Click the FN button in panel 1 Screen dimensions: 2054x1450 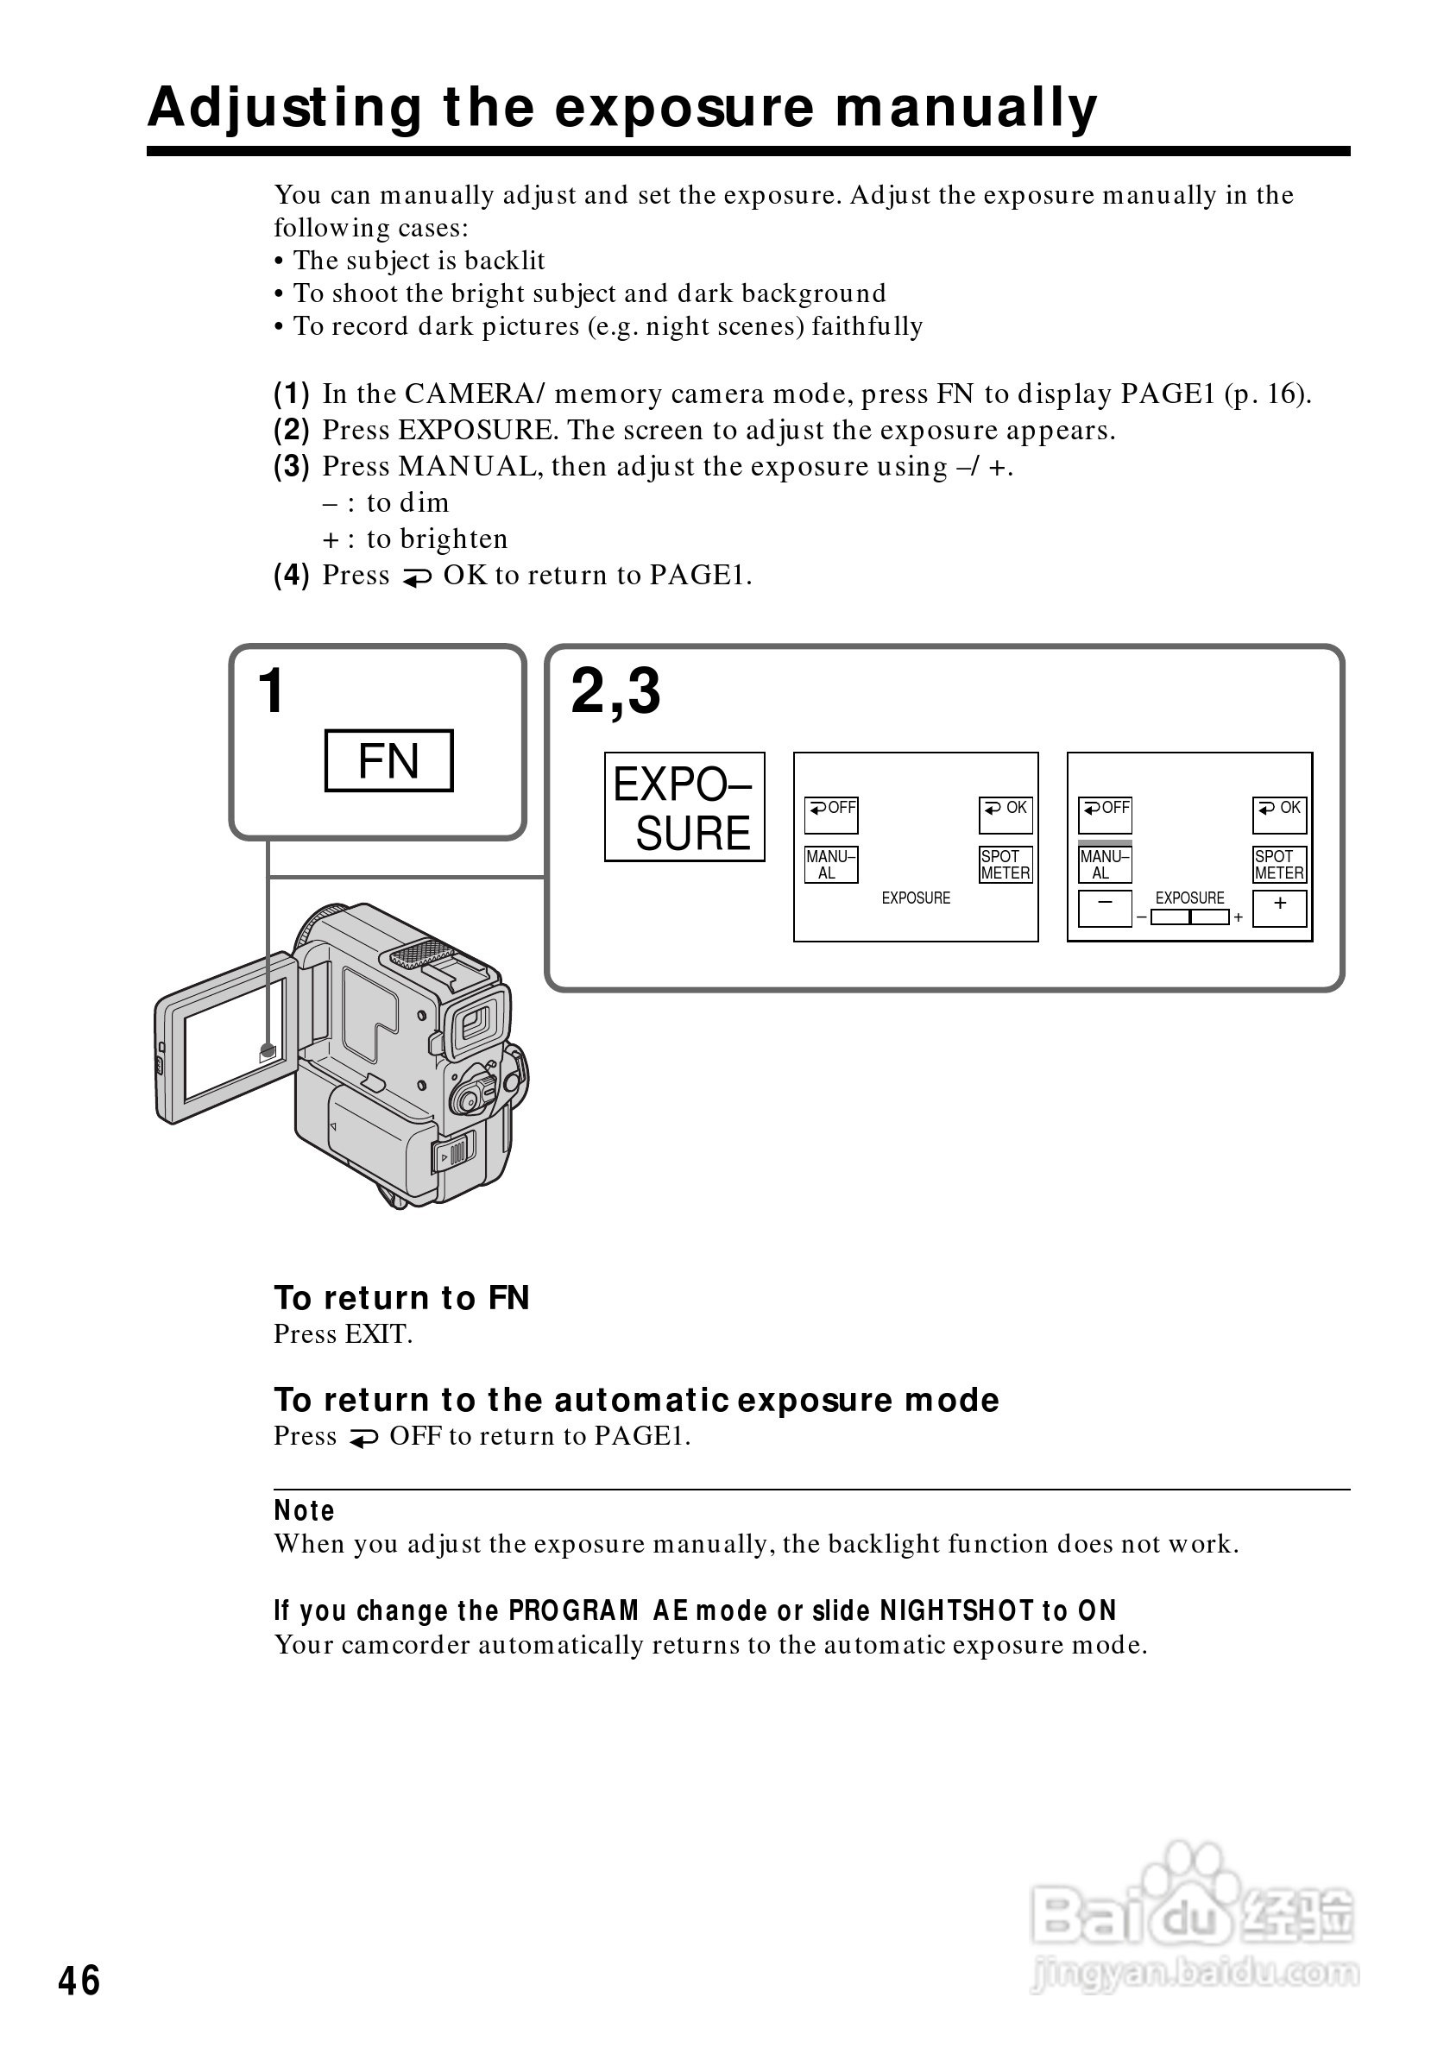(388, 760)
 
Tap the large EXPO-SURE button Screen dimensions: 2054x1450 (684, 807)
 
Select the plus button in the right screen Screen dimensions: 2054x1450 (1279, 908)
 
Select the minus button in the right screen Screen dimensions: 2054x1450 (1105, 908)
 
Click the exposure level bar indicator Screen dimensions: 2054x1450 (1189, 917)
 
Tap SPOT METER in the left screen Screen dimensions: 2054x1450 (1006, 865)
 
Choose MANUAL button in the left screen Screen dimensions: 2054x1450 (831, 865)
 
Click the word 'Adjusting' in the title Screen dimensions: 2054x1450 (285, 109)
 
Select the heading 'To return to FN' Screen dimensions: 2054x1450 (401, 1298)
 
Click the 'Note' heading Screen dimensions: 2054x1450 (304, 1511)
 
